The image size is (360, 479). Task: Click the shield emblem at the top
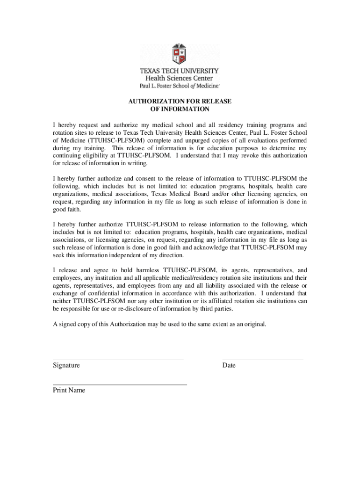[180, 54]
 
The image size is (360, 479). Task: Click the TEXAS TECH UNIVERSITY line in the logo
[180, 71]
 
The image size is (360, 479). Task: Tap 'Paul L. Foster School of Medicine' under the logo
[180, 86]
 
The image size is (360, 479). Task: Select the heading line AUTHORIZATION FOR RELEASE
[180, 101]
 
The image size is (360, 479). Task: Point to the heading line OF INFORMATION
[180, 109]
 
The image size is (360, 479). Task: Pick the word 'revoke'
[249, 156]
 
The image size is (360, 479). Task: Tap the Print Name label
[69, 390]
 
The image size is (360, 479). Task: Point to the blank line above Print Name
[120, 385]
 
